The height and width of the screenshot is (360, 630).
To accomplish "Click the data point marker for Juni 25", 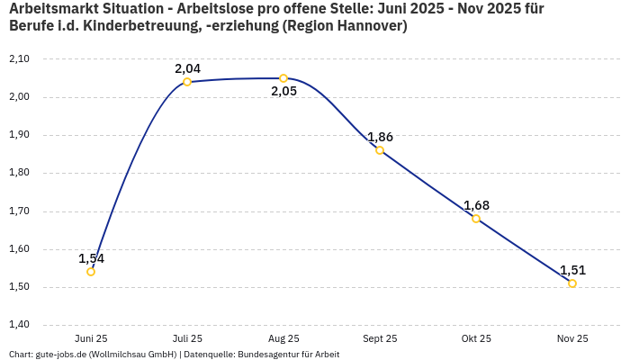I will [91, 272].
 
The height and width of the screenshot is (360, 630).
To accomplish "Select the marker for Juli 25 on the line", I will [187, 82].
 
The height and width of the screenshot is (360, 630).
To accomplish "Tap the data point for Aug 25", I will [283, 78].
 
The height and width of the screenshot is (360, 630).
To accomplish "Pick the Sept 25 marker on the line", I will [380, 150].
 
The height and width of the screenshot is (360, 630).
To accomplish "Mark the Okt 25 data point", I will [476, 219].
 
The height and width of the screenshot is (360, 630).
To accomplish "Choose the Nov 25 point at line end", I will [572, 283].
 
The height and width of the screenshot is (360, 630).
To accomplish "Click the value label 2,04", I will [187, 68].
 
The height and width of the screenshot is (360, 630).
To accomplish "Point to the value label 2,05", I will [283, 92].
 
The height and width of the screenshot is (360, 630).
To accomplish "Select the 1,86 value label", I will [380, 137].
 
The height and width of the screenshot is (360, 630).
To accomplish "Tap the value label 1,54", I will [91, 258].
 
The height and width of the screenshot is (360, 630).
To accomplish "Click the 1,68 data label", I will [476, 205].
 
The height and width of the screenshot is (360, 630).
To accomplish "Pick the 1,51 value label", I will [572, 270].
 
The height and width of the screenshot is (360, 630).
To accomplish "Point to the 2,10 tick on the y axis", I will [19, 58].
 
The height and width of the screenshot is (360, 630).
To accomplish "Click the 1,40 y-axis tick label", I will [19, 325].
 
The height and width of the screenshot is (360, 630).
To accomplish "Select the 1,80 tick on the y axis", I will [19, 173].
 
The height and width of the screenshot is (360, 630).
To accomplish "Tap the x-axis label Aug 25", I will [283, 338].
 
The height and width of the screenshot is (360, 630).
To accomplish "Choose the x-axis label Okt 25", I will [476, 338].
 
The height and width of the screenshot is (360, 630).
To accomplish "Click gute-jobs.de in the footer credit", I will [60, 355].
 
